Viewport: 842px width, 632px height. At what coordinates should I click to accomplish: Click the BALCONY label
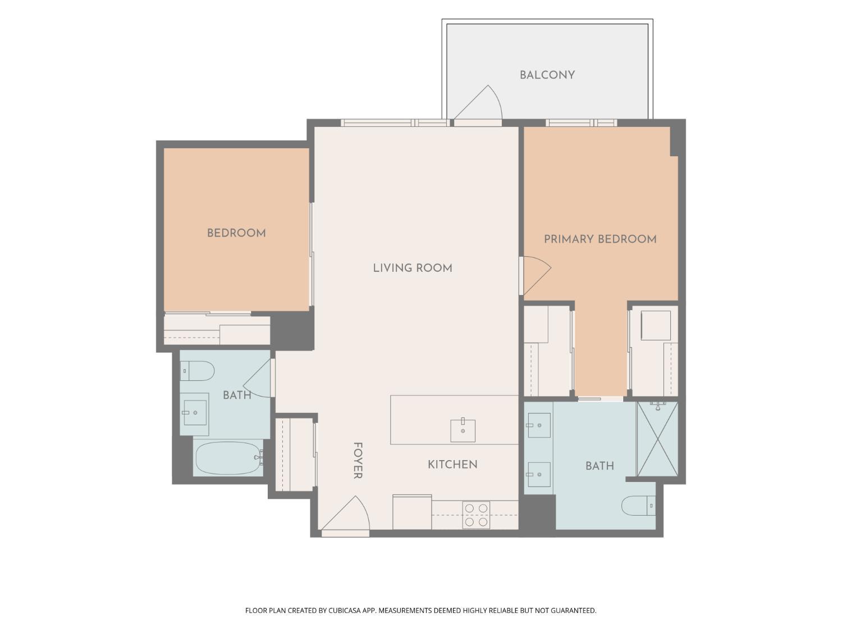pos(547,75)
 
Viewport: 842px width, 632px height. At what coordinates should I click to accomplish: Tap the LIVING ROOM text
pos(413,268)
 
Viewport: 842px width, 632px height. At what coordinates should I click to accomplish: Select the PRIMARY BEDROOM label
pos(600,239)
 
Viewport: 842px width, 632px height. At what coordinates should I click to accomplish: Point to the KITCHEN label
pos(452,465)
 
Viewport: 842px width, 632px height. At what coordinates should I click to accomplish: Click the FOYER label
pos(357,461)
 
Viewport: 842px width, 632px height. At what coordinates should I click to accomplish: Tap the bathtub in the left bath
pos(229,458)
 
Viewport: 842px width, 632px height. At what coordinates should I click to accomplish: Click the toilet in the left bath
pos(197,371)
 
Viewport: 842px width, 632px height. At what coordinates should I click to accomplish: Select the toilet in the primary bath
pos(638,506)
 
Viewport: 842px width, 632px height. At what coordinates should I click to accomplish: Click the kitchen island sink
pos(463,430)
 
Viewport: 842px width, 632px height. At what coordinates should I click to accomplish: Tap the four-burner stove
pos(476,515)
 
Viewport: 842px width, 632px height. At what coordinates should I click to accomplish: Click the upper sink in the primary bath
pos(538,425)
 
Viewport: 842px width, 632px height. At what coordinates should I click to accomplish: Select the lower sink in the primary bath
pos(538,474)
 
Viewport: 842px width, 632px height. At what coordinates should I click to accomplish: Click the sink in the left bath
pos(195,412)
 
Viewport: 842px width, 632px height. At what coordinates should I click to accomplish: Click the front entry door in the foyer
pos(345,514)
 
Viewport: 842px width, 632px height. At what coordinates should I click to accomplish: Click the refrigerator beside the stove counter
pos(412,512)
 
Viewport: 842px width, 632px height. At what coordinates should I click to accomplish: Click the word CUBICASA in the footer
pos(344,611)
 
